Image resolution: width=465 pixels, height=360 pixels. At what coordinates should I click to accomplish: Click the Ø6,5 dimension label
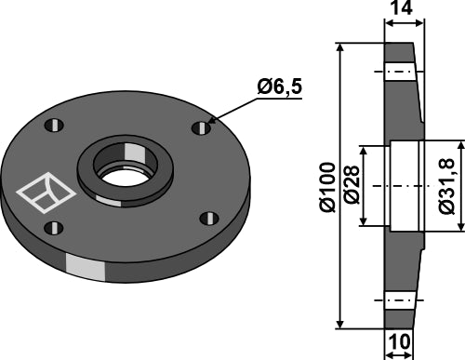[279, 87]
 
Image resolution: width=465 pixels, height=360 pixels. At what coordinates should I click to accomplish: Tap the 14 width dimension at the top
[402, 7]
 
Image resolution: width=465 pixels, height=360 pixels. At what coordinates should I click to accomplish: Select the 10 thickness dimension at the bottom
[399, 341]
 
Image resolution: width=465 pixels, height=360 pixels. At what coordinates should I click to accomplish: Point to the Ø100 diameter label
[327, 187]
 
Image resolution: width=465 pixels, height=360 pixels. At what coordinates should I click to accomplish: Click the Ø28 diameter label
[352, 185]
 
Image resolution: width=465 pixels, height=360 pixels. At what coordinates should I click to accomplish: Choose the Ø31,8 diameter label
[446, 186]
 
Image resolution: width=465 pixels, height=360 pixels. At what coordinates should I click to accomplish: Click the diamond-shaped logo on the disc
[46, 193]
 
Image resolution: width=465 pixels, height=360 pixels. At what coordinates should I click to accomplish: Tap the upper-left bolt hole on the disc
[54, 126]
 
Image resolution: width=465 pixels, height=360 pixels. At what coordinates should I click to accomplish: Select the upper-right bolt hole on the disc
[202, 127]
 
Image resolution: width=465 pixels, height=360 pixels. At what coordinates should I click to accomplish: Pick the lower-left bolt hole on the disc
[54, 228]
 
